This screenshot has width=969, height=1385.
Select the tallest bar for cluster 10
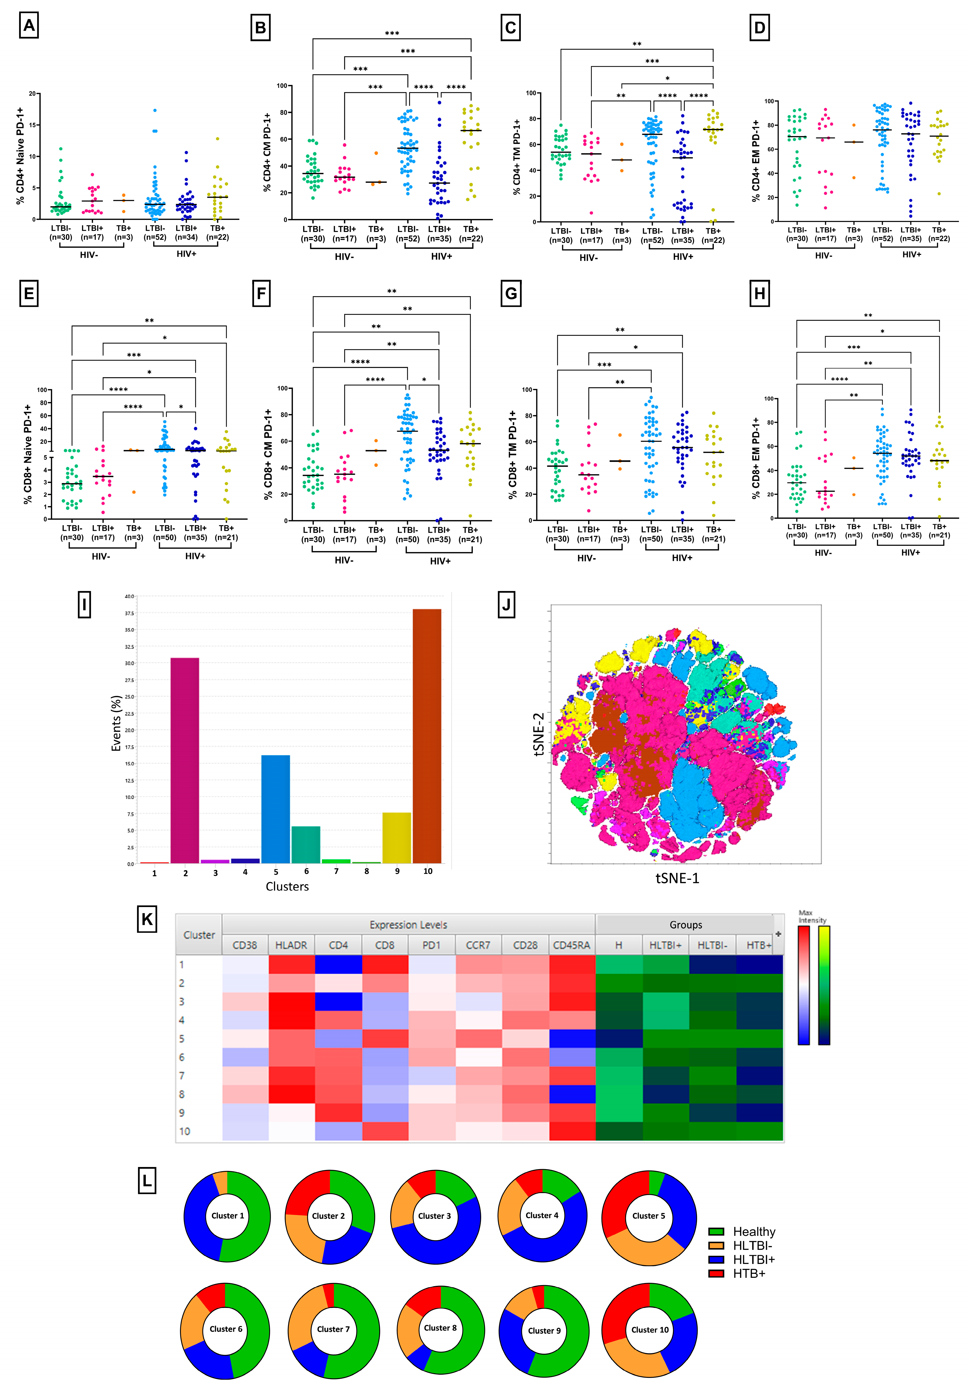pyautogui.click(x=427, y=736)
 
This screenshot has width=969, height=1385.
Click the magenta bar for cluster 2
pyautogui.click(x=185, y=760)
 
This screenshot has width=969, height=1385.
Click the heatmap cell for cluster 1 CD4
pyautogui.click(x=338, y=964)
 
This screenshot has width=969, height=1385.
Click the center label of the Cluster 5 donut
pyautogui.click(x=649, y=1215)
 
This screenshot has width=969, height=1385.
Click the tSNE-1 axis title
pyautogui.click(x=677, y=878)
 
